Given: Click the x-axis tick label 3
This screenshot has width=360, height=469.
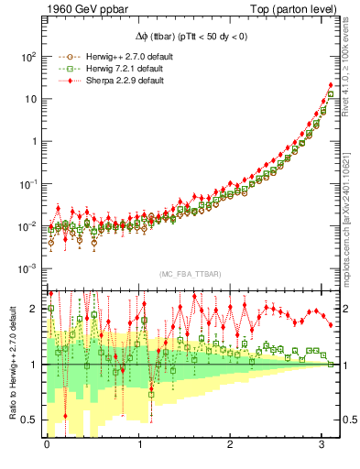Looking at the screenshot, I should tap(323, 449).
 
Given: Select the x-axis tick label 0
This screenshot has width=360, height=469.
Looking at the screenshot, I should tap(46, 449).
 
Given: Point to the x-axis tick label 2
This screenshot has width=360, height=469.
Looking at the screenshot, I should tap(231, 449).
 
